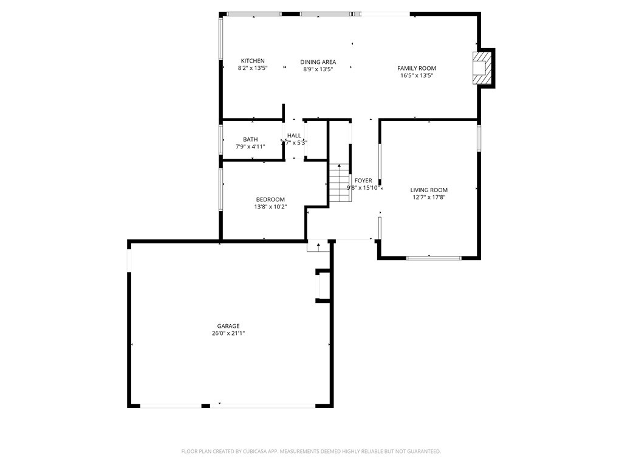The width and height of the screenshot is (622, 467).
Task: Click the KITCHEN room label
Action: tap(253, 61)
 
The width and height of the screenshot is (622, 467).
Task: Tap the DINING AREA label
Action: tap(318, 62)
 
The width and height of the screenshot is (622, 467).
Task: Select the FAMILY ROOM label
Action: tap(417, 68)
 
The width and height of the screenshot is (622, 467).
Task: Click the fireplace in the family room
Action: tap(482, 67)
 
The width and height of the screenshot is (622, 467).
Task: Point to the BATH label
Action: tap(250, 139)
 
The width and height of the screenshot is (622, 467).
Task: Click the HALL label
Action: tap(294, 136)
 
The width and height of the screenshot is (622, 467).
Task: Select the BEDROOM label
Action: tap(270, 199)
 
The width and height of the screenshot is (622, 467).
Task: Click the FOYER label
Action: tap(363, 181)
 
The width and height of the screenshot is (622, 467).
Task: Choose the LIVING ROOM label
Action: tap(429, 190)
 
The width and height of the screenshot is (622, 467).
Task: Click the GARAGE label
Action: tap(228, 326)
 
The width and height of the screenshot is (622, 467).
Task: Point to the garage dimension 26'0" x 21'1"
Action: tap(228, 333)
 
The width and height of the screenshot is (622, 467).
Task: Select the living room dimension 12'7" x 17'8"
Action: tap(429, 197)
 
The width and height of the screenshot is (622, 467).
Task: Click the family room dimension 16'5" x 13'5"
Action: tap(417, 76)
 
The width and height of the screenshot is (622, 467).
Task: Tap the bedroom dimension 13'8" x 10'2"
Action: tap(270, 207)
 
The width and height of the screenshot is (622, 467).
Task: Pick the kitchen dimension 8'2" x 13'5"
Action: tap(252, 69)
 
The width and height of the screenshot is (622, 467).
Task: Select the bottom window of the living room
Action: tap(434, 258)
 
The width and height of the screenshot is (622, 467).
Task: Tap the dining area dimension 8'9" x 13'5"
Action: tap(318, 69)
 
